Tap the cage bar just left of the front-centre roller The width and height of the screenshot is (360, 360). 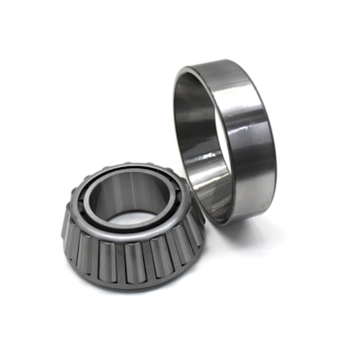[119, 262]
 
